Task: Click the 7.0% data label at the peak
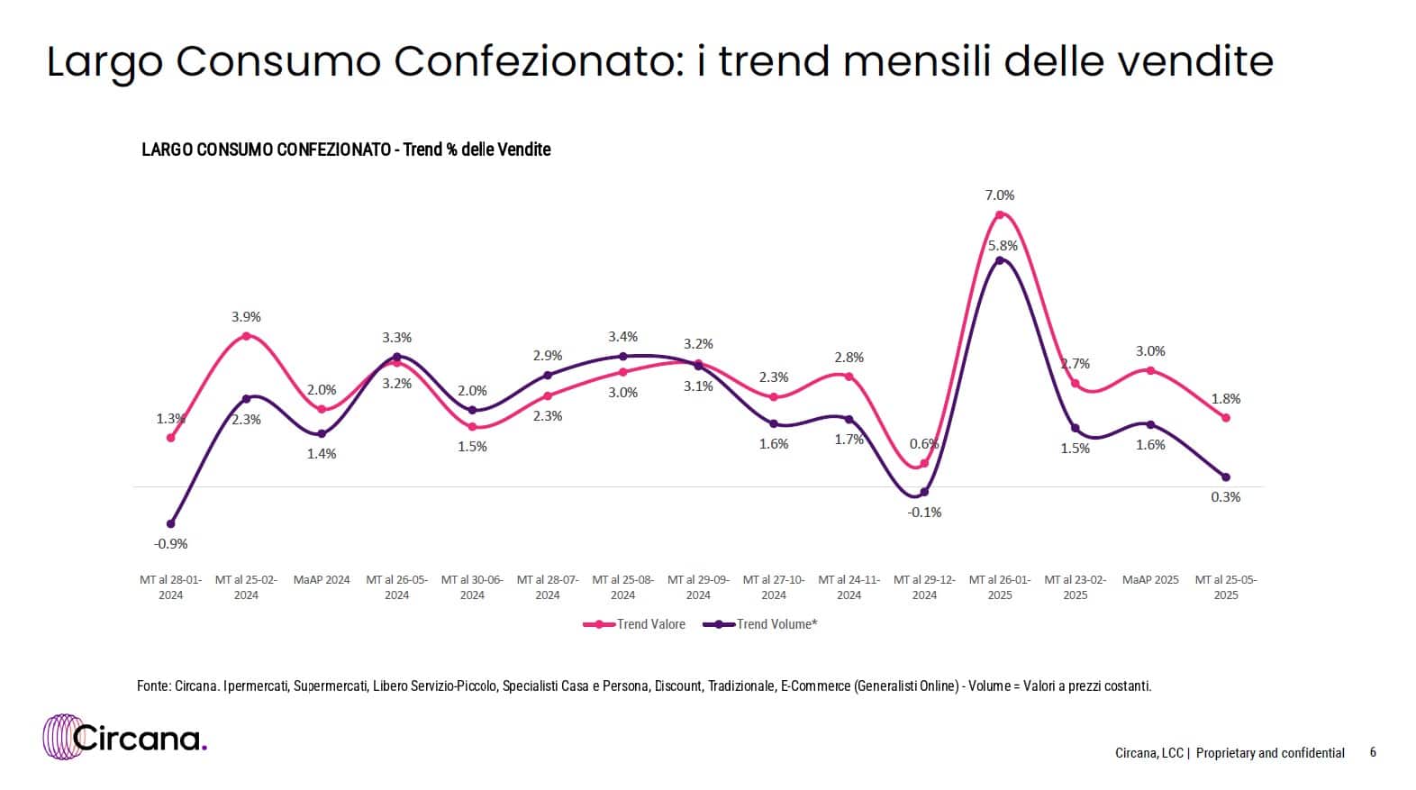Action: click(x=1000, y=195)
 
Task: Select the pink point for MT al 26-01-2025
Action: click(x=1000, y=214)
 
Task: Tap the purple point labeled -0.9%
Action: click(x=171, y=523)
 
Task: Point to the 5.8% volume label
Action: click(x=1003, y=245)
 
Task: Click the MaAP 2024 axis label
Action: click(x=322, y=580)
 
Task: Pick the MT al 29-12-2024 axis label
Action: click(x=924, y=587)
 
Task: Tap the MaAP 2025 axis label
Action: click(x=1150, y=580)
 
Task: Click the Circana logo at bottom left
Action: click(x=125, y=738)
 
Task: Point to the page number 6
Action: click(x=1373, y=752)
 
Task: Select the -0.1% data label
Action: click(x=924, y=513)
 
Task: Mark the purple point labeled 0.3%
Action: click(x=1226, y=477)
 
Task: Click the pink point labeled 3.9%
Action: click(x=246, y=336)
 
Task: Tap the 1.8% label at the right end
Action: click(x=1226, y=398)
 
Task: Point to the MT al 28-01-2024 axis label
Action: click(x=171, y=587)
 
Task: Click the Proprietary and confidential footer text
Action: click(x=1270, y=753)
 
